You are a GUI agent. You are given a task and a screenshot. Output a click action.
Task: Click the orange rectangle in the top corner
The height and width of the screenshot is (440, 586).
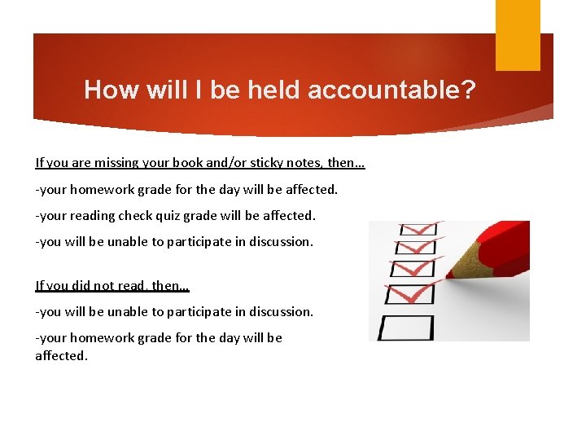click(x=518, y=34)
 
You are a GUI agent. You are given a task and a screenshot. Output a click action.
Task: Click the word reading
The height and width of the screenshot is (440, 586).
click(x=95, y=216)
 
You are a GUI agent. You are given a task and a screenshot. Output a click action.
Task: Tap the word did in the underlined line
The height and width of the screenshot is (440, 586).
click(x=80, y=285)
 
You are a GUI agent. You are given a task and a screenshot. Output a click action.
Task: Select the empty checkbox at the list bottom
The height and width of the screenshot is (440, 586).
click(x=404, y=328)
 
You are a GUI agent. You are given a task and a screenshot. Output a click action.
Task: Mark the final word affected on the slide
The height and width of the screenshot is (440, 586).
click(x=60, y=356)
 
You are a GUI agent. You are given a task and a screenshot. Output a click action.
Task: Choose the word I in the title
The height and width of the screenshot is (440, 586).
click(x=199, y=89)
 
